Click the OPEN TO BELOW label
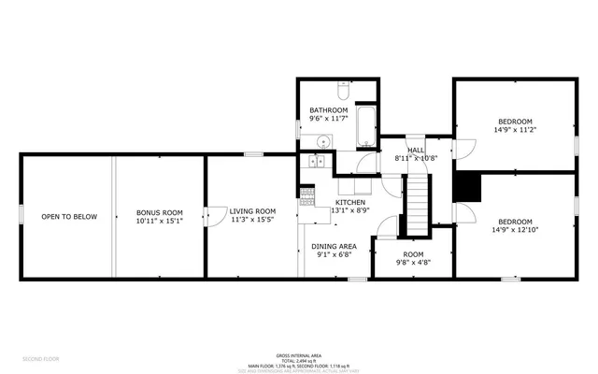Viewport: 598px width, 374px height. [x=69, y=217]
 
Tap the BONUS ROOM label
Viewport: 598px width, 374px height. [x=159, y=212]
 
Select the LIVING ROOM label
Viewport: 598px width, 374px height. [x=252, y=211]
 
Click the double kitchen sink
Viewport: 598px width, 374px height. [x=314, y=162]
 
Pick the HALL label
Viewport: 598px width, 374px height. [x=417, y=150]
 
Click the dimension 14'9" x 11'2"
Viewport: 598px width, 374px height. [x=515, y=130]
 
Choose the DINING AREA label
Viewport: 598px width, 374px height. [x=334, y=246]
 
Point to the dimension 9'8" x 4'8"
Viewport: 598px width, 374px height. [x=413, y=263]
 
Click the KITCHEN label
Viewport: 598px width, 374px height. [x=350, y=202]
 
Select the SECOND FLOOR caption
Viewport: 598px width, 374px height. [x=40, y=358]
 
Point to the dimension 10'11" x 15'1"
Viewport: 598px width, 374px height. [x=159, y=222]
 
